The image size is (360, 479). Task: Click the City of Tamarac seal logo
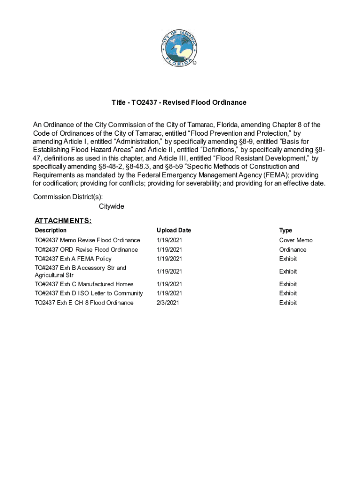coord(180,49)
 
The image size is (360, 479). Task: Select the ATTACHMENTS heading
coord(63,221)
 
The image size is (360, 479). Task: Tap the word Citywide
coord(111,206)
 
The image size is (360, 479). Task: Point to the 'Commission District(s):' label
coord(68,197)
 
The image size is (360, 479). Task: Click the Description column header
coord(50,230)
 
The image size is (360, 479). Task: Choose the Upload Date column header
coord(173,230)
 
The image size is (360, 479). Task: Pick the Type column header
coord(285,230)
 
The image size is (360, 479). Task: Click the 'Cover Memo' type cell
coord(295,240)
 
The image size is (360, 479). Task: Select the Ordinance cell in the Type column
coord(293,249)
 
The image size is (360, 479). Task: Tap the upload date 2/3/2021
coord(167,303)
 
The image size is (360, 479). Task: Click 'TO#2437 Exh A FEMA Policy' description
coord(73,259)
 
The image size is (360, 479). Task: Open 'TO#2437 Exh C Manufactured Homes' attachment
coord(84,284)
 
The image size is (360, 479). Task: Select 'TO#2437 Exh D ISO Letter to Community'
coord(88,293)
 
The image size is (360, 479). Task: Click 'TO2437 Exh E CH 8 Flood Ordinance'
coord(84,303)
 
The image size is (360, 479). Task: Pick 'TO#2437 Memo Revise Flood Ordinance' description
coord(87,240)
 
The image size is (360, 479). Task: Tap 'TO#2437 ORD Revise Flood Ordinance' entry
coord(86,249)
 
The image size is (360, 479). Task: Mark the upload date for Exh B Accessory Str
coord(169,271)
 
